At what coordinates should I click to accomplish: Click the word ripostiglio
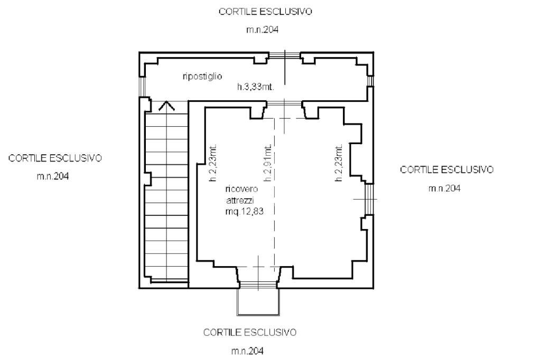click(x=202, y=76)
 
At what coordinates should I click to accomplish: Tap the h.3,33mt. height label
click(x=255, y=87)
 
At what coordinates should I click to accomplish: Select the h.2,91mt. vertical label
click(x=268, y=162)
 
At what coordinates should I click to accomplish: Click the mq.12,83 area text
click(x=244, y=211)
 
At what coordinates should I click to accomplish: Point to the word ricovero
click(x=241, y=189)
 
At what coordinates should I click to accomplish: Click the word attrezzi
click(x=240, y=200)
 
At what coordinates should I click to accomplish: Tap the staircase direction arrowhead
click(x=166, y=106)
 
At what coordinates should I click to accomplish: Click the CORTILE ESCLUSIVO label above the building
click(x=265, y=12)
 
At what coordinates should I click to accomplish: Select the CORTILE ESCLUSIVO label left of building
click(x=55, y=158)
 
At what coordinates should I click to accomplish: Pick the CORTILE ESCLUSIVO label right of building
click(x=447, y=169)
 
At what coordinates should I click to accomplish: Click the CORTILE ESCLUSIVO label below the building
click(x=250, y=333)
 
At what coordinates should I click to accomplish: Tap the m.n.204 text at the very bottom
click(x=247, y=351)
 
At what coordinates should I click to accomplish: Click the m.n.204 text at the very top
click(x=262, y=30)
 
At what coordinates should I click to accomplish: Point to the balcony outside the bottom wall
click(x=258, y=302)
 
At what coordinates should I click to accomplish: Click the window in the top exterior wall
click(x=285, y=55)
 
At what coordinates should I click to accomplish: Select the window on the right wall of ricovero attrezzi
click(x=369, y=200)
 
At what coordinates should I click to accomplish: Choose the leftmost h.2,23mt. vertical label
click(x=213, y=162)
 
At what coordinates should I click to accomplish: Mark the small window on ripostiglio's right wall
click(x=370, y=81)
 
